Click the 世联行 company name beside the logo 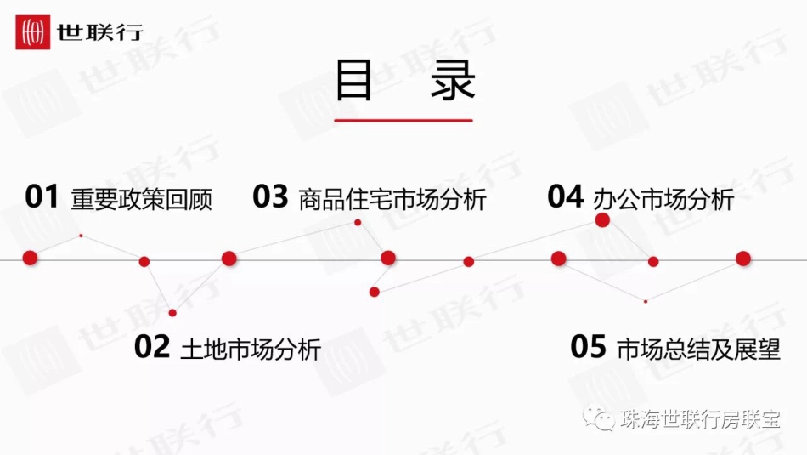point(100,33)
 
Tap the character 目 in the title point(353,80)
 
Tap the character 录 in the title point(453,80)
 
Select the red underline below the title point(403,120)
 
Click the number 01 point(42,198)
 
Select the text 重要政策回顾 point(142,200)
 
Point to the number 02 point(152,347)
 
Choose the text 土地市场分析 point(251,349)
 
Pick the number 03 point(271,197)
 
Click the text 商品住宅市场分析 point(392,200)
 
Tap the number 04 point(566,197)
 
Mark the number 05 point(589,347)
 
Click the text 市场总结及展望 point(698,349)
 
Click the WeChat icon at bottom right point(605,418)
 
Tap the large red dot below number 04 point(603,220)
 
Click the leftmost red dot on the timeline point(31,258)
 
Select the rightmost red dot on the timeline point(743,259)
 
